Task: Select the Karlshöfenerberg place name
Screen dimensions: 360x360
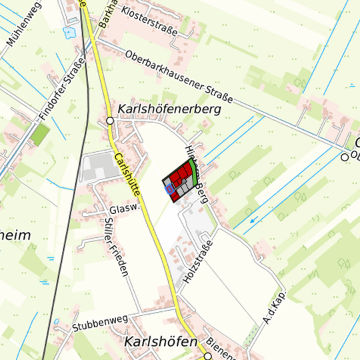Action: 169,109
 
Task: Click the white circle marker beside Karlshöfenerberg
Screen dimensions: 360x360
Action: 110,121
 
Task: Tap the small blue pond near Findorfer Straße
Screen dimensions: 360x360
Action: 69,31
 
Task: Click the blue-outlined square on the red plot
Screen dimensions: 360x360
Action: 170,190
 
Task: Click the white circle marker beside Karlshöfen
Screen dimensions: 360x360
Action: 208,356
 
